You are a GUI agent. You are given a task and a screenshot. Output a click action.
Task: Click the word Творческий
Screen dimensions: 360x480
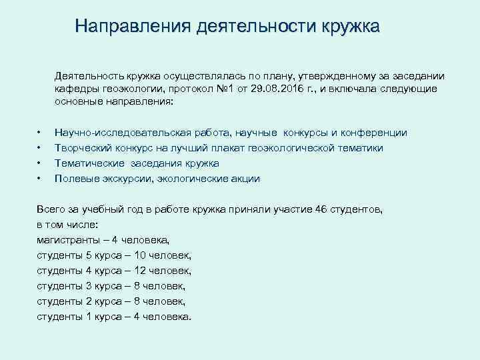tap(81, 148)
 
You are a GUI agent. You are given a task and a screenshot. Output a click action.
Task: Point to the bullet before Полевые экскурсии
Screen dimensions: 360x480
tap(39, 178)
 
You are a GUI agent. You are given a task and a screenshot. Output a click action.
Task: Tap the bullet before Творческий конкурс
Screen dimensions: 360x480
tap(39, 148)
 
